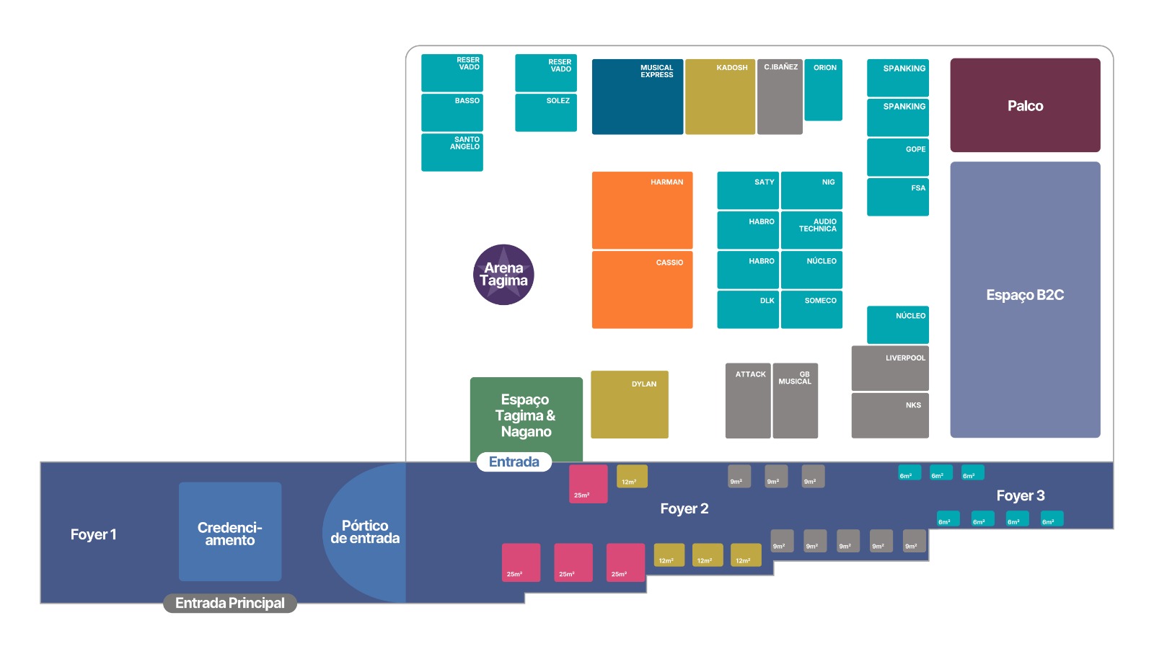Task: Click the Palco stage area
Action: click(1025, 105)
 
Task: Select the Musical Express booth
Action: click(638, 97)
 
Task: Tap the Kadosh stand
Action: click(721, 97)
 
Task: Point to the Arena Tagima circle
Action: click(503, 275)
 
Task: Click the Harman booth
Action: click(642, 210)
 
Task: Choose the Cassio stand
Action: click(642, 289)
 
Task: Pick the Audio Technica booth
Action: click(811, 230)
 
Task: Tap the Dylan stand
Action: click(630, 405)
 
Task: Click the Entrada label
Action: click(514, 462)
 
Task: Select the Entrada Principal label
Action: click(230, 603)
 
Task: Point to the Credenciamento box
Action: click(230, 531)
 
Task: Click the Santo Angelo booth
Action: click(452, 152)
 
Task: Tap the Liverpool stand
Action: click(890, 368)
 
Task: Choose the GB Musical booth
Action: click(795, 401)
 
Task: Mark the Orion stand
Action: click(823, 90)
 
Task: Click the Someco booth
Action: click(811, 309)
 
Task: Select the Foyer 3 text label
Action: click(1021, 495)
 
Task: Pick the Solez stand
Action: click(545, 112)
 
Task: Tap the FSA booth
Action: click(897, 197)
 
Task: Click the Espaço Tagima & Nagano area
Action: click(526, 415)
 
